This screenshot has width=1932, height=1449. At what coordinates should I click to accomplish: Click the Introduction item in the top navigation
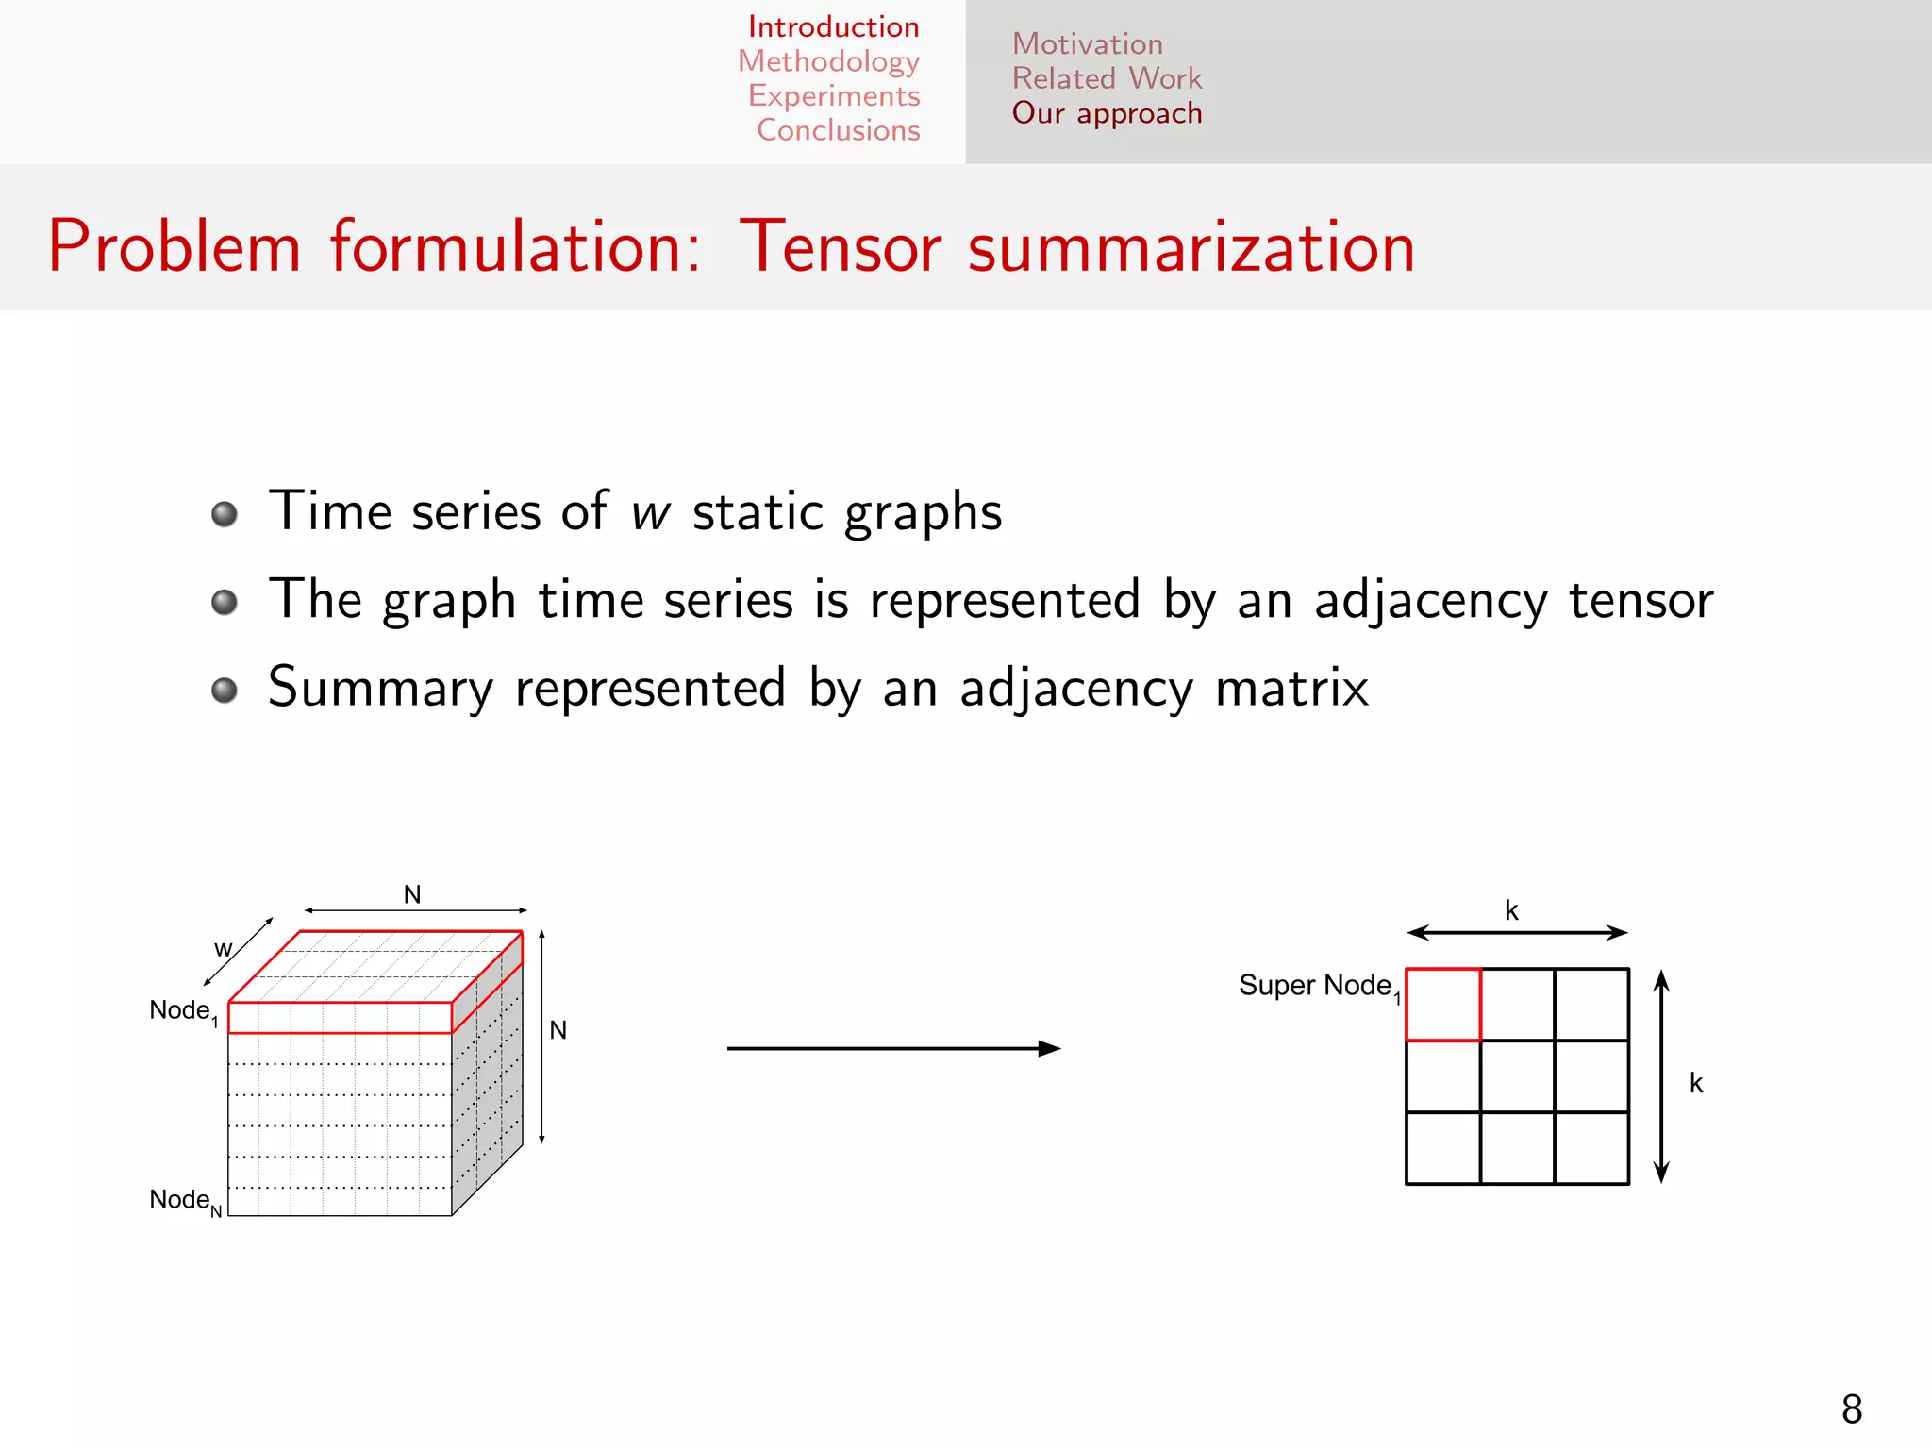(833, 26)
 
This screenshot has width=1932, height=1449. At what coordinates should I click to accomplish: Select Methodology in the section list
(828, 61)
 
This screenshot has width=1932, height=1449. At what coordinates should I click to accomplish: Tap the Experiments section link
(834, 96)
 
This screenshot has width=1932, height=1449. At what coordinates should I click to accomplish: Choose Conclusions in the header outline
(838, 130)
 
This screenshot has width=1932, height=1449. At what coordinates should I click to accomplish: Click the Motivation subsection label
(1087, 44)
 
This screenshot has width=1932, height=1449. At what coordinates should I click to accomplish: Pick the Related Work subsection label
(1107, 78)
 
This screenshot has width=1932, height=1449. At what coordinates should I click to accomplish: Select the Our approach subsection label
(1107, 113)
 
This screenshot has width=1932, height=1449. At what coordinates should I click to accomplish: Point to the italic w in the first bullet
(650, 513)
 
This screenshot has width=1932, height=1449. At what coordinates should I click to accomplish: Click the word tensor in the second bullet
(1641, 601)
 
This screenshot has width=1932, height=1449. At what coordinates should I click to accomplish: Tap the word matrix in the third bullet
(1291, 688)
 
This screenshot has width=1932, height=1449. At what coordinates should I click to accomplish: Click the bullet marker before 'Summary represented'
(225, 690)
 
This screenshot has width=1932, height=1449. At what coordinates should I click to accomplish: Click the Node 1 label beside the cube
(183, 1011)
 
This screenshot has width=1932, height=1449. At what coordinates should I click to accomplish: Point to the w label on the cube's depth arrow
(223, 949)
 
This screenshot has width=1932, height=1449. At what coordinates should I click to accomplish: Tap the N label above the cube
(412, 894)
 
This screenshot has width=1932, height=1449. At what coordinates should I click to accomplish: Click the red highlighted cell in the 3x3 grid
(1442, 1005)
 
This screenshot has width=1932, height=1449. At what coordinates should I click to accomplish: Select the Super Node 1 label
(1319, 987)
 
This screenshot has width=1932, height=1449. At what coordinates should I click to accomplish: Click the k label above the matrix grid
(1511, 910)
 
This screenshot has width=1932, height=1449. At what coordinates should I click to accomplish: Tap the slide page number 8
(1852, 1409)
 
